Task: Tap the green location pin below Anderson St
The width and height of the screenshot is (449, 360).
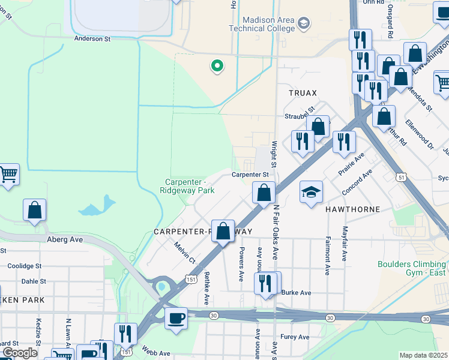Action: [216, 66]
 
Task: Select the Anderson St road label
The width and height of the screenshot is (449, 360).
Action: [92, 38]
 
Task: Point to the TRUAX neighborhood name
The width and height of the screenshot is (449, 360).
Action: [302, 93]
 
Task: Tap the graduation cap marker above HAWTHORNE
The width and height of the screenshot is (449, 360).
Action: [312, 193]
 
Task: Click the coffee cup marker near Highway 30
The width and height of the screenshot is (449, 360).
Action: [176, 319]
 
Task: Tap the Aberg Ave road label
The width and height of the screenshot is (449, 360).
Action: [64, 239]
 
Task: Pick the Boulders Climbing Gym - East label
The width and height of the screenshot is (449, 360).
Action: [413, 268]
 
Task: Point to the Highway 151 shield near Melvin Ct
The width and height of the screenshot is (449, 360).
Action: [190, 280]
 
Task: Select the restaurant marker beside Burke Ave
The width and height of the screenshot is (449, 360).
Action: [266, 283]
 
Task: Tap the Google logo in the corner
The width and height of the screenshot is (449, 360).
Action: [19, 353]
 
